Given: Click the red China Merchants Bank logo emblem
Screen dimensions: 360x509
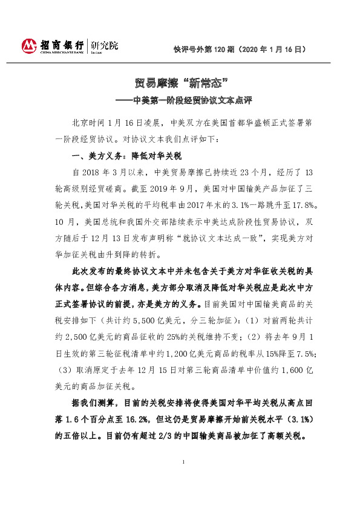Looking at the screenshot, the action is (29, 45).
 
